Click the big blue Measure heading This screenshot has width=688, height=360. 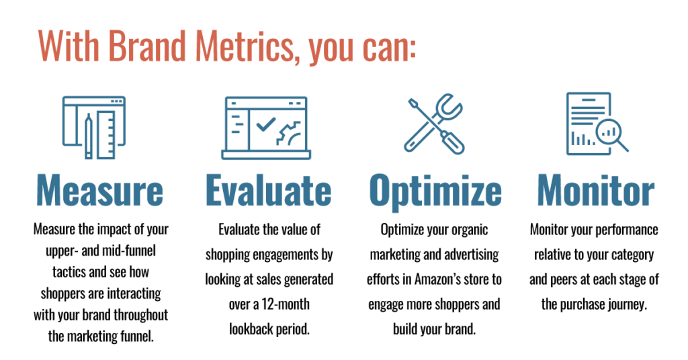coord(100,190)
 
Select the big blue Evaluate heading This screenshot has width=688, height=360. coord(269,190)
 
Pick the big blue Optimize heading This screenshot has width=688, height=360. coord(435,191)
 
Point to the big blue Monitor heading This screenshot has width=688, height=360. coord(596,190)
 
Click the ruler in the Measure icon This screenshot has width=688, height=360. coord(106,134)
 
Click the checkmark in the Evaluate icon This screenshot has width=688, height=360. coord(266,124)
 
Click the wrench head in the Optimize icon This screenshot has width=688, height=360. coord(447,107)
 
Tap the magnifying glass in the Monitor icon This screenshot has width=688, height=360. coord(611,134)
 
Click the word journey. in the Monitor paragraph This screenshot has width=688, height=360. coord(626,305)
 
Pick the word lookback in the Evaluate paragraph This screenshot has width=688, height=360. coord(249,329)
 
